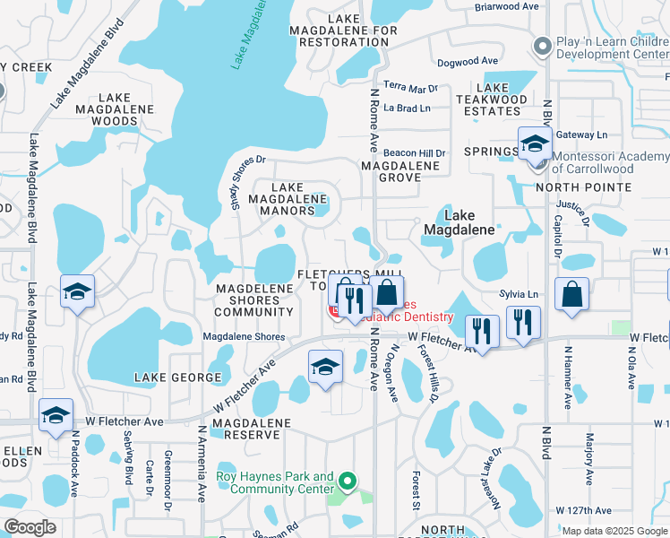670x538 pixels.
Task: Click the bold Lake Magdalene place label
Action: click(460, 222)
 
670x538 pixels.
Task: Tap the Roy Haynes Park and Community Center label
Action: click(275, 483)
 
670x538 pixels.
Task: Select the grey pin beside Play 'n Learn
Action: click(540, 46)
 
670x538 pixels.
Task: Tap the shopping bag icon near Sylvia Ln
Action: click(571, 295)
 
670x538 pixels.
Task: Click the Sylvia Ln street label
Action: click(520, 294)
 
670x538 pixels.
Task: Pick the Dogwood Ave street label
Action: click(467, 62)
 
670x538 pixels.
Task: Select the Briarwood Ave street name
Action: click(507, 5)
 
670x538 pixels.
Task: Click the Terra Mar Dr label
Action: click(410, 88)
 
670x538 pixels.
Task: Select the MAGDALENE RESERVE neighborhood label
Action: click(253, 428)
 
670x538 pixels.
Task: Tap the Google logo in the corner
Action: click(30, 526)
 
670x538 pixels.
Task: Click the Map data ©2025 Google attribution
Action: click(614, 531)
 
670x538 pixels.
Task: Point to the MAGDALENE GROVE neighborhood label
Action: click(400, 171)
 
